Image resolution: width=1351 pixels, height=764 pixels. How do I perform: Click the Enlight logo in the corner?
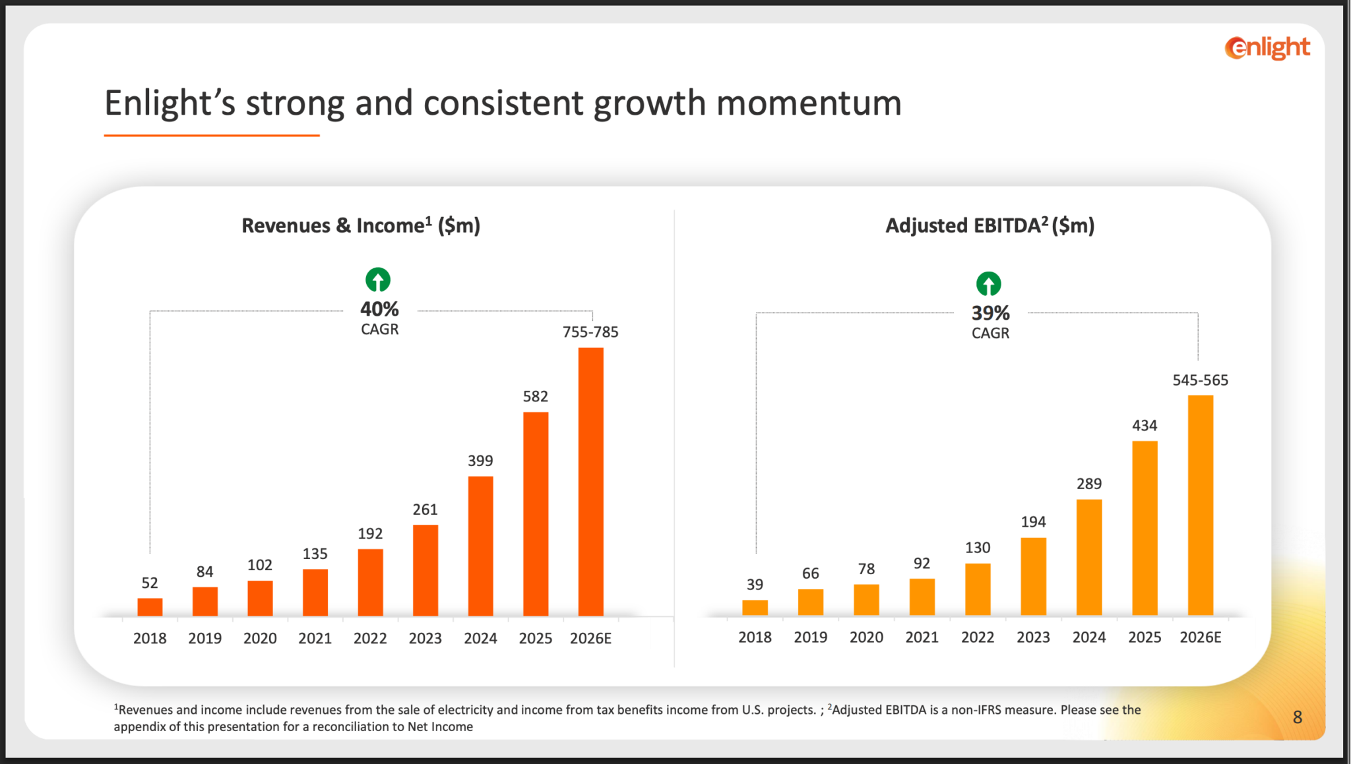click(1267, 47)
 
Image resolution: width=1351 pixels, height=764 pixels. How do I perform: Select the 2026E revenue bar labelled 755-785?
click(590, 481)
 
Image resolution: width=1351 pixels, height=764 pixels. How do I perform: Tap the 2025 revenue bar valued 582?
click(536, 514)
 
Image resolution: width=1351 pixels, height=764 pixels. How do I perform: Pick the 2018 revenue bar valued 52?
click(150, 606)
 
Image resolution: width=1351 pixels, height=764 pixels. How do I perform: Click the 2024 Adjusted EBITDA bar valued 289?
click(1089, 557)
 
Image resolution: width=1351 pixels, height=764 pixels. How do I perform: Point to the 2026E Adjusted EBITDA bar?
click(1200, 505)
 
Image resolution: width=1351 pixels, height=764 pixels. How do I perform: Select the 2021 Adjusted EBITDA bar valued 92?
click(922, 597)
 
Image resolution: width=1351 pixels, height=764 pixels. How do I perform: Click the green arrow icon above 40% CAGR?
click(378, 280)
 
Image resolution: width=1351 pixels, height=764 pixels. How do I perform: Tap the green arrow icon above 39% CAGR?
click(988, 284)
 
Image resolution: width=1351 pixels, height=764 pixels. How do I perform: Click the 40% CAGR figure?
click(379, 309)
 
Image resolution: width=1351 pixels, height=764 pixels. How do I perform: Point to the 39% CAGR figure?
click(990, 313)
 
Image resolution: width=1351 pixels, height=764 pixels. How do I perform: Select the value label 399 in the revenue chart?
click(480, 461)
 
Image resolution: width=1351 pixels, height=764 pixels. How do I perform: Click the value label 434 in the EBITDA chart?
click(1145, 426)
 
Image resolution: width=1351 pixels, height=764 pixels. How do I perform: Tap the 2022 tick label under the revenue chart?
click(370, 638)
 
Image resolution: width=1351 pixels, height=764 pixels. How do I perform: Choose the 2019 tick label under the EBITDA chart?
click(810, 637)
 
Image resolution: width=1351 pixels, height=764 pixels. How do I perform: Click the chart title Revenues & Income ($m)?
click(361, 225)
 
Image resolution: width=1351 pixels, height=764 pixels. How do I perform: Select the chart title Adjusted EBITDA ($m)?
click(990, 225)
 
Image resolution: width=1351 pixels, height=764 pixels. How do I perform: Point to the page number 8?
click(1297, 717)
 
